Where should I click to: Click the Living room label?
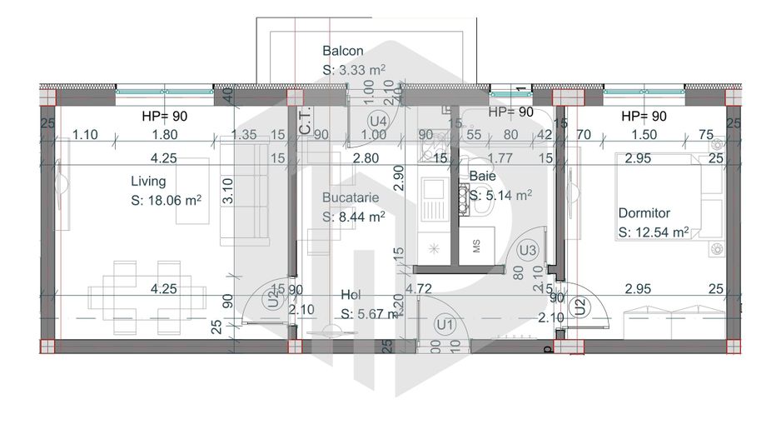coord(148,181)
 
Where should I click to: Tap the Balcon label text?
coord(342,51)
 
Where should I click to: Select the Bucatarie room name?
coord(351,198)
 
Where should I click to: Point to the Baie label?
coord(482,177)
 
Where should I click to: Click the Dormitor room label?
coord(644,213)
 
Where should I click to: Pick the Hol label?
coord(350,295)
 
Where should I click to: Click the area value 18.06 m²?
coord(167,201)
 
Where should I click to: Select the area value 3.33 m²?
coord(354,71)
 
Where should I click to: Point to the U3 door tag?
coord(527,249)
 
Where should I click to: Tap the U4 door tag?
coord(377,120)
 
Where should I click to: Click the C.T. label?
coord(305,122)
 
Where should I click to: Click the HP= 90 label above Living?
coord(166,116)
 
